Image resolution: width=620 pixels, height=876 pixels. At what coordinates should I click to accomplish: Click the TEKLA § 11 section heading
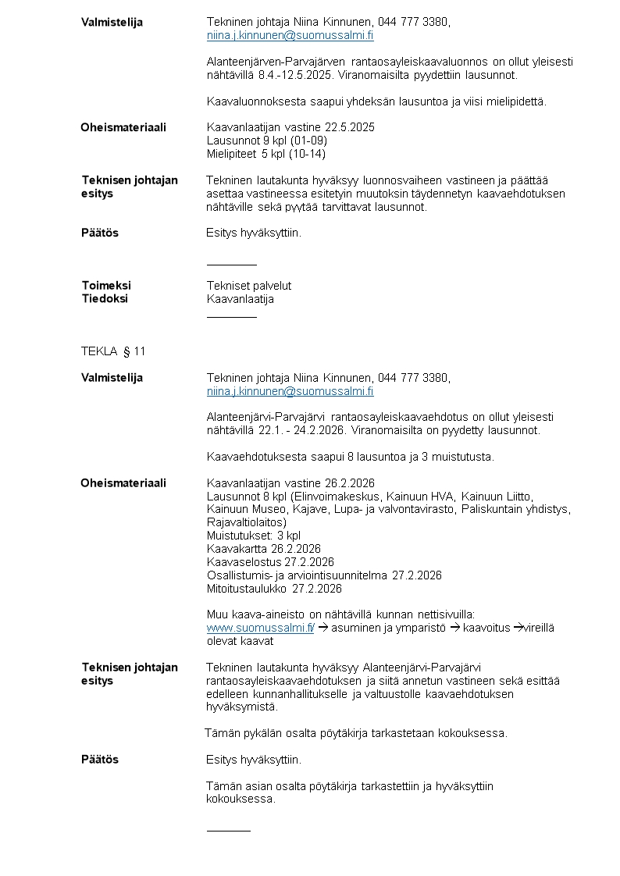[x=113, y=351]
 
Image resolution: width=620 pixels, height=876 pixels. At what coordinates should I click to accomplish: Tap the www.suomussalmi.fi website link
[x=260, y=628]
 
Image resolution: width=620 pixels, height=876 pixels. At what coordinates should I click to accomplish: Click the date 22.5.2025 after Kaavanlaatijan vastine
[x=350, y=127]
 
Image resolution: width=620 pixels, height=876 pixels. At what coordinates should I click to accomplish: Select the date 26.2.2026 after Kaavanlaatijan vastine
[x=350, y=483]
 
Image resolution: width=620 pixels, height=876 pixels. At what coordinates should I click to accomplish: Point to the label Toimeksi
[x=106, y=286]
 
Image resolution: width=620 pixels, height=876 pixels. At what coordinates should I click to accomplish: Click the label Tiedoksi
[x=105, y=298]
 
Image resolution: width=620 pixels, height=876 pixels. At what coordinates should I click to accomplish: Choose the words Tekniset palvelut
[x=249, y=286]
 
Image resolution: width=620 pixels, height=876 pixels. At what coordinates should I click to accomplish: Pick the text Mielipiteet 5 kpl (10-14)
[x=265, y=154]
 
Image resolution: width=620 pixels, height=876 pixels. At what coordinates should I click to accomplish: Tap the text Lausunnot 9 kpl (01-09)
[x=266, y=141]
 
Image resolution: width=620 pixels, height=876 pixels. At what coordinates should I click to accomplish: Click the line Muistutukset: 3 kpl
[x=253, y=536]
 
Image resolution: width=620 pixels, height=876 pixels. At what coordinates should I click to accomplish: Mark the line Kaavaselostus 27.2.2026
[x=270, y=562]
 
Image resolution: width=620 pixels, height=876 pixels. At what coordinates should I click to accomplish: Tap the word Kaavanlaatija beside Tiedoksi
[x=241, y=298]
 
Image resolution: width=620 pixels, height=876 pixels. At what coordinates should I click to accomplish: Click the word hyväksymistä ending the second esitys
[x=241, y=707]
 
